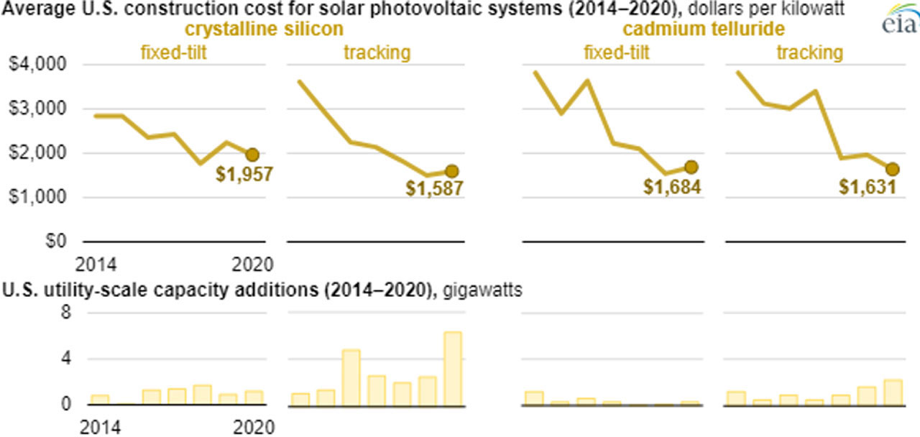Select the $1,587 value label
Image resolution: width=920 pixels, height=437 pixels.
[433, 188]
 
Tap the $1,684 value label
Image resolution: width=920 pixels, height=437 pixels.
[671, 187]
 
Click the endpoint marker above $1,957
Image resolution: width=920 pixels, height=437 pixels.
[252, 154]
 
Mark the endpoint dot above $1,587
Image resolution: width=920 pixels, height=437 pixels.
[452, 171]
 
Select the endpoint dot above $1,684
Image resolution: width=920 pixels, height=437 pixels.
[691, 167]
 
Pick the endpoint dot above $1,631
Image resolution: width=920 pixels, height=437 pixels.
[893, 169]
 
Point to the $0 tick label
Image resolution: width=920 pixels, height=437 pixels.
[56, 241]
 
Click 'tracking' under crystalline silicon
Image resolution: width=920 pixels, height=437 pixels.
[377, 52]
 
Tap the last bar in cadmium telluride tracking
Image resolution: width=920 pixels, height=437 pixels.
[892, 392]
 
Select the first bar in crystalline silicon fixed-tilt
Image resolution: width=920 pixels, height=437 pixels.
[100, 400]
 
